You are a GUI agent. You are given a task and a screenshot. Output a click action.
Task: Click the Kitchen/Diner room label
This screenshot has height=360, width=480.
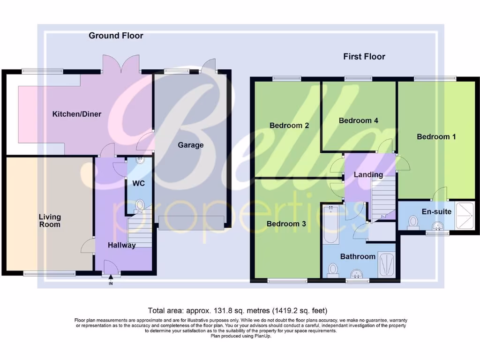pyautogui.click(x=77, y=114)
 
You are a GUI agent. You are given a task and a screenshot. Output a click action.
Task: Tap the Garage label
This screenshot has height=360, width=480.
pyautogui.click(x=190, y=145)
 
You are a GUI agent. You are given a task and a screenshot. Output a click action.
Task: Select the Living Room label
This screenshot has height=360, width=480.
pyautogui.click(x=50, y=220)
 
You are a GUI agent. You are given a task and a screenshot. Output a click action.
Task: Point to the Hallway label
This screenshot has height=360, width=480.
pyautogui.click(x=122, y=245)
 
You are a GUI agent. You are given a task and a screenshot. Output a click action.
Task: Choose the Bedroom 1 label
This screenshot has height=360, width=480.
pyautogui.click(x=436, y=137)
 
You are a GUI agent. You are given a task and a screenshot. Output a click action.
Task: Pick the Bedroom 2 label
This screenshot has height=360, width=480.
pyautogui.click(x=289, y=126)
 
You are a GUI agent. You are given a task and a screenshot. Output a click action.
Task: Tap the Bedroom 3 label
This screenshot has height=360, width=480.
pyautogui.click(x=286, y=224)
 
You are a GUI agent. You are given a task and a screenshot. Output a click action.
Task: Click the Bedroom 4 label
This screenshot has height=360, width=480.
pyautogui.click(x=359, y=120)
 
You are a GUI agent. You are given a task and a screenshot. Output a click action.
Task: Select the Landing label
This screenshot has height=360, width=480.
pyautogui.click(x=368, y=175)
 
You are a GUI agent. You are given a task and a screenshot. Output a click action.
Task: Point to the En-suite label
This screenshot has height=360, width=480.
pyautogui.click(x=436, y=211)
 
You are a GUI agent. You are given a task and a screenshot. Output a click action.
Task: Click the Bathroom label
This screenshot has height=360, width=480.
pyautogui.click(x=358, y=256)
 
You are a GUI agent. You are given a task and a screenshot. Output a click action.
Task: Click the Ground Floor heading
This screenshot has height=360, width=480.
pyautogui.click(x=116, y=36)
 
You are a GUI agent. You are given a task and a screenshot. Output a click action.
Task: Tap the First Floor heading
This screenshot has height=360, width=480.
pyautogui.click(x=364, y=57)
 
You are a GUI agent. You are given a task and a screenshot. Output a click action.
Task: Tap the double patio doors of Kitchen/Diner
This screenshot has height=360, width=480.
pyautogui.click(x=121, y=64)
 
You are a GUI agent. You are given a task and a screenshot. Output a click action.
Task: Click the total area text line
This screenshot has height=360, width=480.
pyautogui.click(x=238, y=310)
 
